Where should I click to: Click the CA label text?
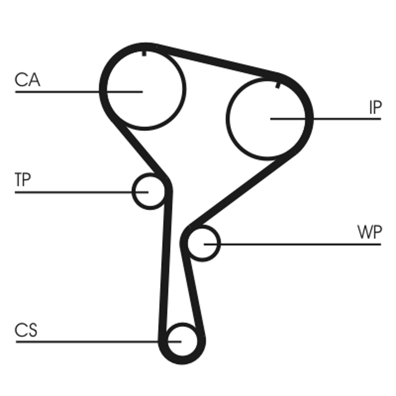(x=27, y=80)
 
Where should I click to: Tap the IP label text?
(x=375, y=107)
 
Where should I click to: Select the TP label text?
(x=23, y=180)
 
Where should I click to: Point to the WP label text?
(x=369, y=233)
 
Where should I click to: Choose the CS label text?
(x=26, y=330)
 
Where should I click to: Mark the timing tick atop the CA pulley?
(x=144, y=51)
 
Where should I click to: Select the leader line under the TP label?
(x=74, y=192)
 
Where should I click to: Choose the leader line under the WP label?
(x=297, y=244)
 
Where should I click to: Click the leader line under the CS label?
(x=89, y=341)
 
